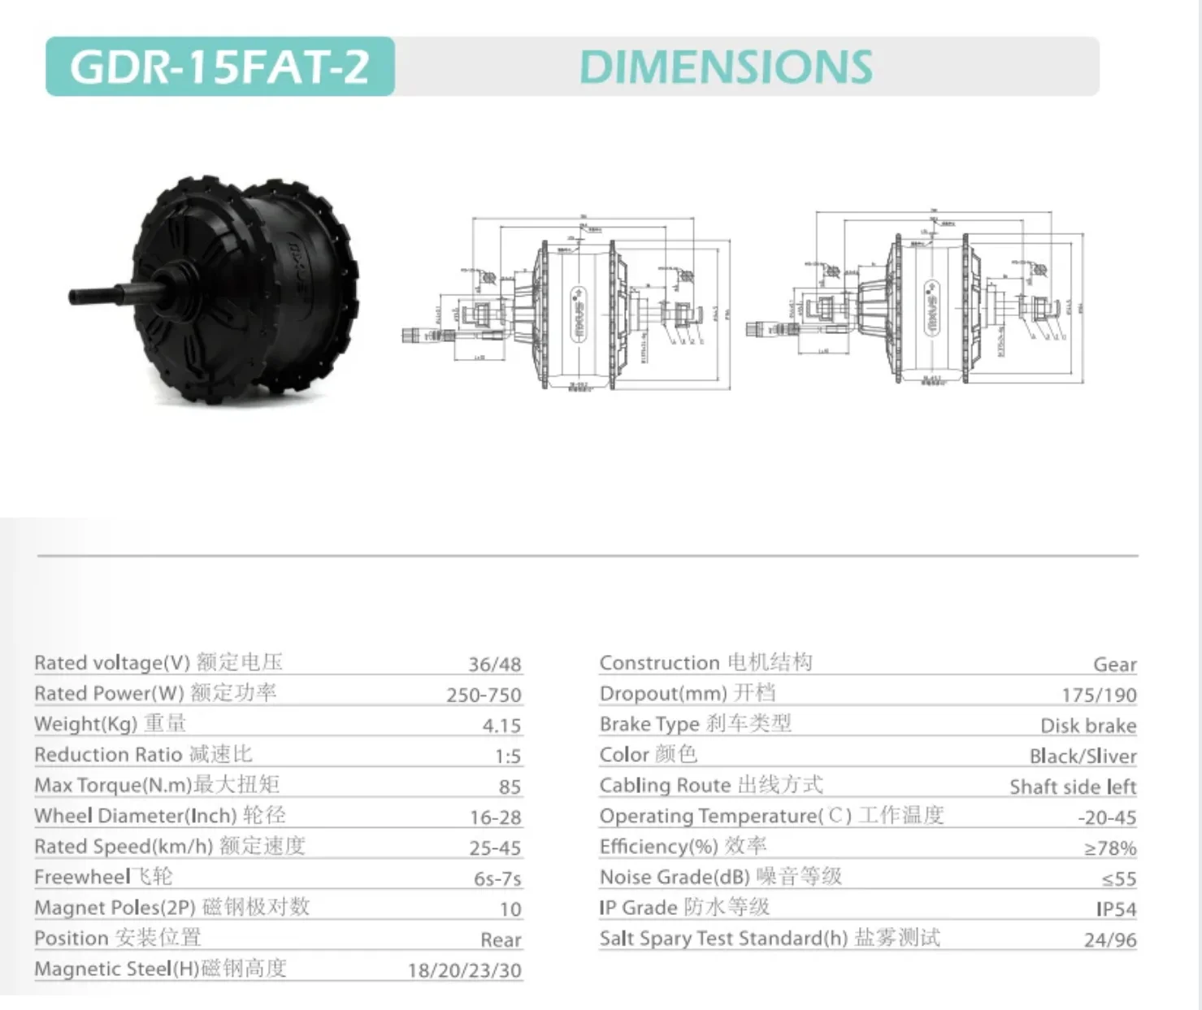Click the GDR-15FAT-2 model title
219,67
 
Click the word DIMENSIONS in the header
726,67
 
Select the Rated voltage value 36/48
494,664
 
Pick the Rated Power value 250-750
484,695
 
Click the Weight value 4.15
501,726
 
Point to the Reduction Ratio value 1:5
508,756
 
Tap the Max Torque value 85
510,787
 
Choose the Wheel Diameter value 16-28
495,817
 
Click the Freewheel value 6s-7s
497,879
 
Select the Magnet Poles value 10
510,909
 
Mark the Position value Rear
501,940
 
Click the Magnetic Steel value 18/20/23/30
464,970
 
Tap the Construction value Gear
1114,665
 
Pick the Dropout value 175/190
1099,695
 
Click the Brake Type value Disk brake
1088,726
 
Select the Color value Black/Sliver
1083,756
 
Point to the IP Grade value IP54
1116,909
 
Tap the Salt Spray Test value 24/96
1110,940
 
